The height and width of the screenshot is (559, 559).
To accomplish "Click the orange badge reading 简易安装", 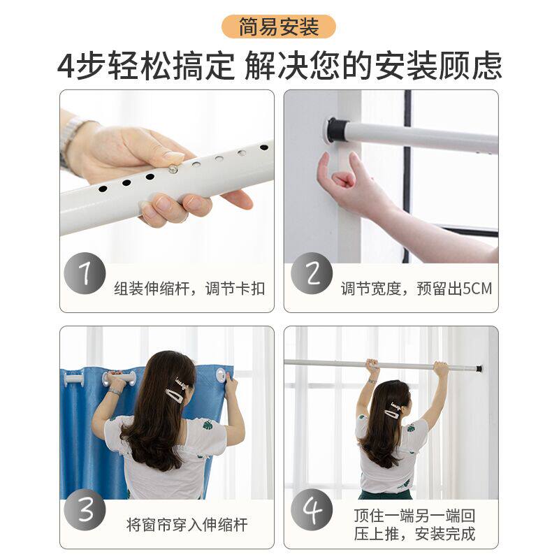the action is [279, 27].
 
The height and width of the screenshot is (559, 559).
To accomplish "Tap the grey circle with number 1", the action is [85, 273].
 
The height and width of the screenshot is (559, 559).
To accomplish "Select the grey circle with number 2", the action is [312, 273].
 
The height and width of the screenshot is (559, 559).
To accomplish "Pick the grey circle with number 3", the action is [85, 510].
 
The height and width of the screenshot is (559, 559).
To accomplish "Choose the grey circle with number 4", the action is [312, 510].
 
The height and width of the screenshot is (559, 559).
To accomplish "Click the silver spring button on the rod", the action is [173, 168].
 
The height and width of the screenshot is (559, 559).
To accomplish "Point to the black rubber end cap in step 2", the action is [337, 130].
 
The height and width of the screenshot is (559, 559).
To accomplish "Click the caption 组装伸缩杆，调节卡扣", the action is [189, 289].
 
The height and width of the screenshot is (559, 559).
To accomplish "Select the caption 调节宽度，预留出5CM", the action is [416, 289].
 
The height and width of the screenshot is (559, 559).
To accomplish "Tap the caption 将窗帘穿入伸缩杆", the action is [187, 525].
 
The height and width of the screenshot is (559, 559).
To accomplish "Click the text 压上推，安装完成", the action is [414, 534].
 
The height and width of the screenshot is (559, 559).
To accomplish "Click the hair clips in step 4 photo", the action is [397, 411].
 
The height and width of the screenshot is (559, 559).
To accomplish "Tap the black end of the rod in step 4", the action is [479, 368].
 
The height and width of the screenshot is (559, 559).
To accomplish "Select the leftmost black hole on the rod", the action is [103, 189].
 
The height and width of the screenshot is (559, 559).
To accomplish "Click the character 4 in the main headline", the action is [66, 66].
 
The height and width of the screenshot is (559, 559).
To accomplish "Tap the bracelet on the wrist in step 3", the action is [115, 392].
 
